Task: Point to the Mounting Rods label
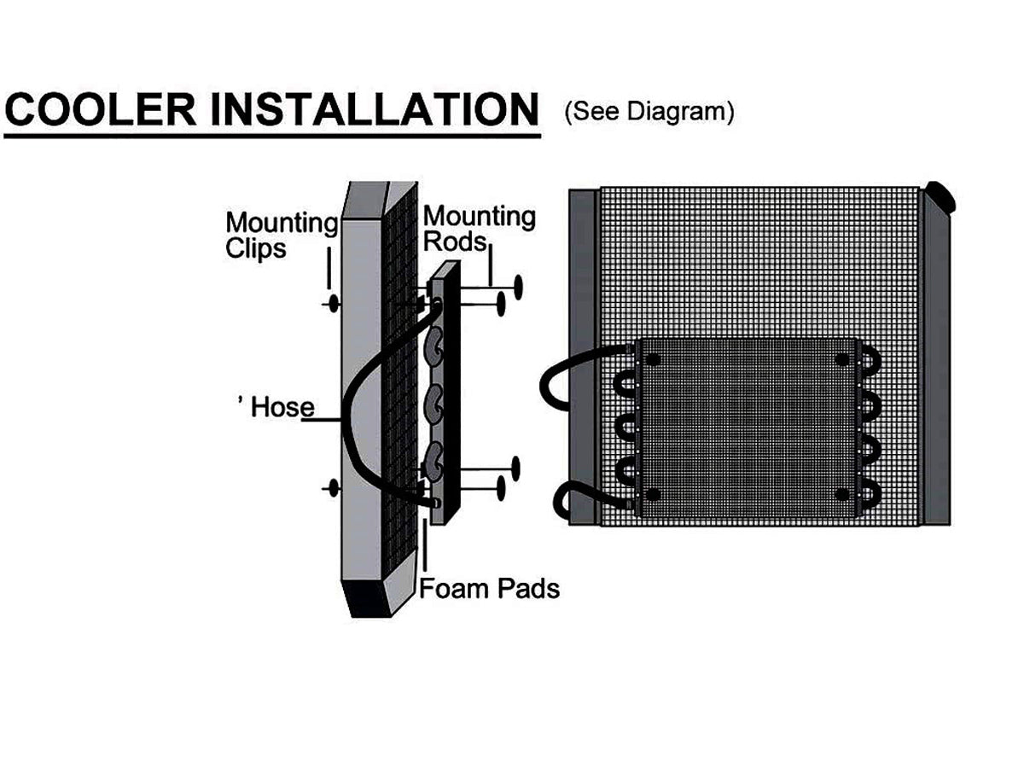[479, 228]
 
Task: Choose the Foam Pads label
[490, 588]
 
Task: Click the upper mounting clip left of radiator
[332, 304]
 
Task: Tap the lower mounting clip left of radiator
[332, 487]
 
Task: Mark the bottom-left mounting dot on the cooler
[653, 495]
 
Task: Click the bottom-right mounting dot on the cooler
[844, 495]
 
